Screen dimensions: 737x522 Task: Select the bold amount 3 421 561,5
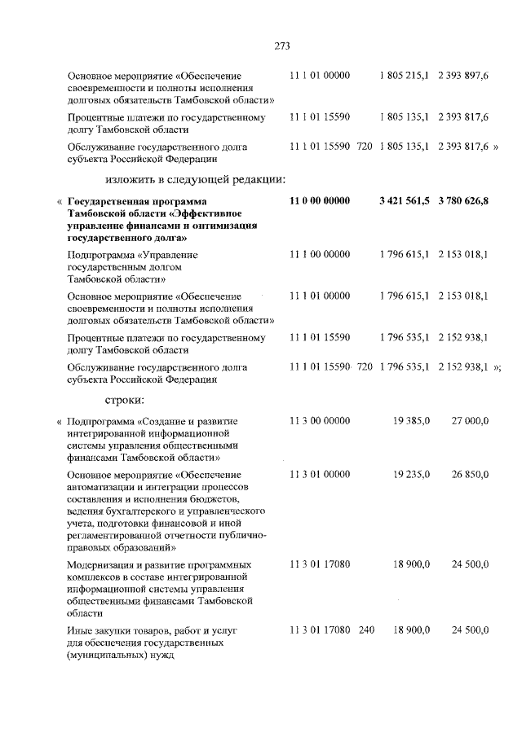pos(405,200)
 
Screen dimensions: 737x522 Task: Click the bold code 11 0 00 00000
pos(320,200)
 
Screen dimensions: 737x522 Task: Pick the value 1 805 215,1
pos(405,75)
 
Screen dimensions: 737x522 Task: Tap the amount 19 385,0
pos(412,421)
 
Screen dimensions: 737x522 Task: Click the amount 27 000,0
pos(470,421)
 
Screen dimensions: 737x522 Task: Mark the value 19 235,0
pos(412,475)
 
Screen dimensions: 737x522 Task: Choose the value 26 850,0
pos(470,475)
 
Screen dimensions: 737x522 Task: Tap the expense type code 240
pos(366,631)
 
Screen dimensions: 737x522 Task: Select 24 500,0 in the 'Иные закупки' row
pos(470,631)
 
